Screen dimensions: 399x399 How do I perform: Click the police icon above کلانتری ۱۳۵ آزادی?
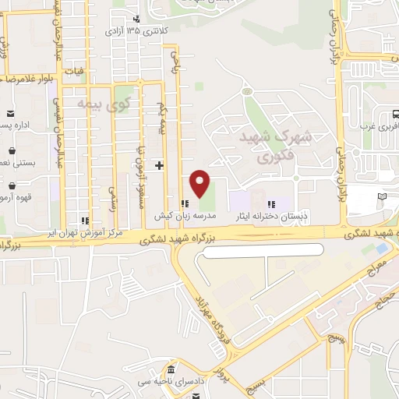click(137, 18)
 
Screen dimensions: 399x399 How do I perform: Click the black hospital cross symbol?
click(160, 165)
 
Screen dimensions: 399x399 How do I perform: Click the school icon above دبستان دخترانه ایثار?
click(271, 203)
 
